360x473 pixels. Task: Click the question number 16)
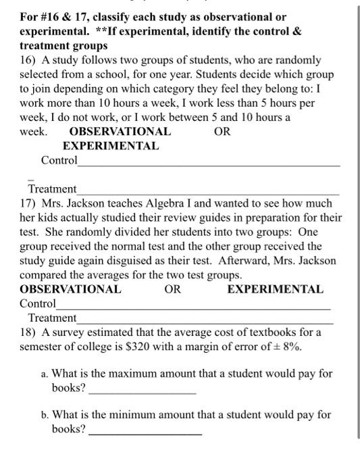pos(28,61)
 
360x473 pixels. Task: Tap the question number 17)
pos(28,203)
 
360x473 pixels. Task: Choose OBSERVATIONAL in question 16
pos(120,132)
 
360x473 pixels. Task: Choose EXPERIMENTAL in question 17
pos(275,289)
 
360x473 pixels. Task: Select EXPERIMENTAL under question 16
pos(111,146)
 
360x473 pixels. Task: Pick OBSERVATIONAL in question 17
pos(70,289)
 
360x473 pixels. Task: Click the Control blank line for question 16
pos(209,165)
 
